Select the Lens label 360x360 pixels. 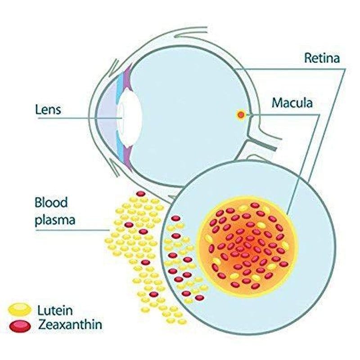(48, 109)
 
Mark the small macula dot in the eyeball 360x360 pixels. (241, 115)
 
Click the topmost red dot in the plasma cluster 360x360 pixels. (141, 194)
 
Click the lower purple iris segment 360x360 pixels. (127, 155)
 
